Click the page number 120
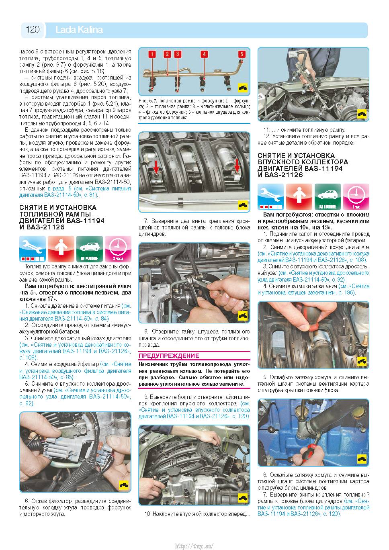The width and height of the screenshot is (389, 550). [x=33, y=29]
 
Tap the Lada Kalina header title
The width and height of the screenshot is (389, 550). [x=79, y=30]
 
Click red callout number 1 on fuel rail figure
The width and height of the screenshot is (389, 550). [x=152, y=54]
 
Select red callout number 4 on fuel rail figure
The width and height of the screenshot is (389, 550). [x=204, y=54]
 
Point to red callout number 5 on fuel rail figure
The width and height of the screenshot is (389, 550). [x=242, y=54]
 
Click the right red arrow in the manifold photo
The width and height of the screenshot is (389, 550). [x=237, y=165]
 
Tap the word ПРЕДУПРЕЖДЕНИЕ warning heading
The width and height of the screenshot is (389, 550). [x=169, y=356]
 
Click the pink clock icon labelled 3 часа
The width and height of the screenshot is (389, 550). [x=118, y=249]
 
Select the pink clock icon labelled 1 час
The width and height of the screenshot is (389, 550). [x=356, y=197]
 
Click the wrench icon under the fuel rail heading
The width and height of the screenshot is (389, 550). [x=33, y=249]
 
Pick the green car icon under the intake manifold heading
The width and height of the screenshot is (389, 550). [x=328, y=197]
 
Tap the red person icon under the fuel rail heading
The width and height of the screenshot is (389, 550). [x=61, y=249]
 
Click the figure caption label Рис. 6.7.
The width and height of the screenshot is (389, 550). [x=148, y=101]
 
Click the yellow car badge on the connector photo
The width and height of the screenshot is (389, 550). [x=123, y=485]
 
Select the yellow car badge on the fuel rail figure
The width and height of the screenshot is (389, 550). [x=243, y=88]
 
